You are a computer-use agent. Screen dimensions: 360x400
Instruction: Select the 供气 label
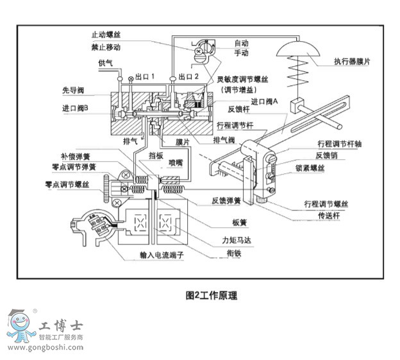(106, 62)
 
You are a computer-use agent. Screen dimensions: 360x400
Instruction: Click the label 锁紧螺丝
(329, 167)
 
